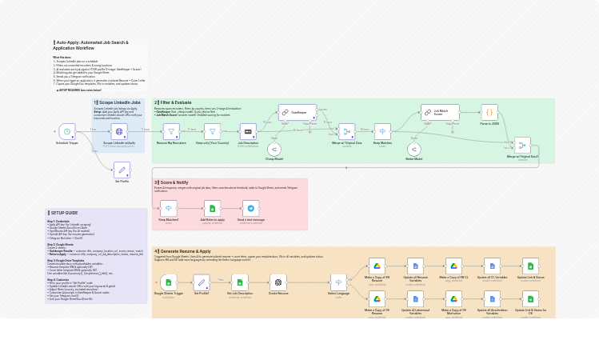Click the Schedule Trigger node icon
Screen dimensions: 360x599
coord(67,131)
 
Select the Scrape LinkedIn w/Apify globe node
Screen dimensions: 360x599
coord(119,131)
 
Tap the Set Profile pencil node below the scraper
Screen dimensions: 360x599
coord(122,170)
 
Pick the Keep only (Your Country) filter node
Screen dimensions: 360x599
coord(212,131)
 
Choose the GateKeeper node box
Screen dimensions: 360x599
coord(298,113)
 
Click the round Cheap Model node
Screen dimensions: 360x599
coord(274,149)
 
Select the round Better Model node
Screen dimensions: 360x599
coord(413,149)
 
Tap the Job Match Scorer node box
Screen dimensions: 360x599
coord(445,113)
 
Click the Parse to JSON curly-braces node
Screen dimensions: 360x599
coord(489,113)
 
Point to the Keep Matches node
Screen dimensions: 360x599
coord(383,131)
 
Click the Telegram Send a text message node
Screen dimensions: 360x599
coord(250,208)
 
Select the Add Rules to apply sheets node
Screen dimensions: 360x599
coord(212,208)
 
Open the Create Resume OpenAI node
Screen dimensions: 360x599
coord(278,282)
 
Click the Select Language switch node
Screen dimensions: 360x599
coord(339,282)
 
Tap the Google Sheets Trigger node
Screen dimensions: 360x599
coord(168,282)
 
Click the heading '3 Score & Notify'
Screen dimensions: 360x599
coord(173,182)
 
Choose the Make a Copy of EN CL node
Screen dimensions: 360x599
coord(453,266)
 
